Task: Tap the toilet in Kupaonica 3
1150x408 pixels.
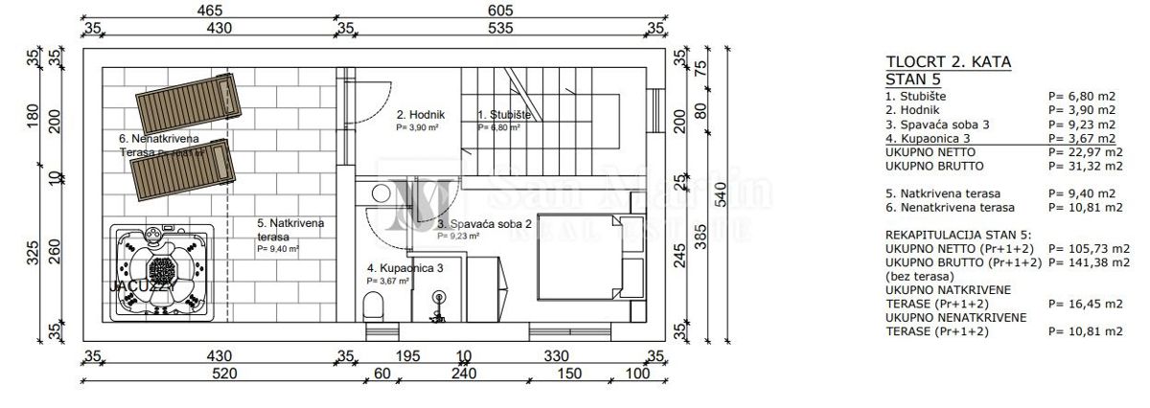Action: (375, 306)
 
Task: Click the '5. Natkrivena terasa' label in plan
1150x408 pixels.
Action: (290, 229)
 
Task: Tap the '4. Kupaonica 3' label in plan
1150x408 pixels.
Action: (404, 269)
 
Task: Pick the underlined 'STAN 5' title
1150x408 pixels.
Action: (913, 79)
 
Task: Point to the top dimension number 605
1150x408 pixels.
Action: (499, 11)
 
